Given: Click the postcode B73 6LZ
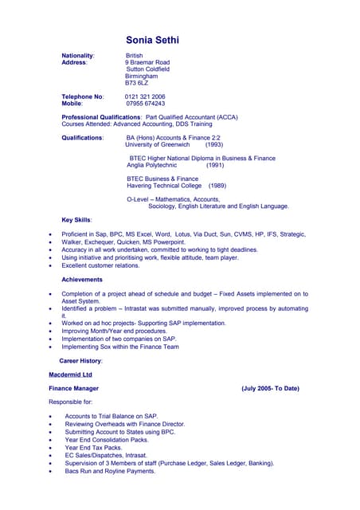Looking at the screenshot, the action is click(137, 83).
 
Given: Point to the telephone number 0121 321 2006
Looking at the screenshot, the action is click(145, 96).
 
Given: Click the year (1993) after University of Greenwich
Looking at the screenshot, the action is click(214, 145).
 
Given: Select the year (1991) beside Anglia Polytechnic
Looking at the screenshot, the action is click(215, 165).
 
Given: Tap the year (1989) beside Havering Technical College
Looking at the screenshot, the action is click(217, 186).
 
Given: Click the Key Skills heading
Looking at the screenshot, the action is click(76, 219).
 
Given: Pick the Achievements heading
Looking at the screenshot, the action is click(81, 280).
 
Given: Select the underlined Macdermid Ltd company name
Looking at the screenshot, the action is click(70, 374).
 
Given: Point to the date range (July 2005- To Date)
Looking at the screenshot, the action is click(270, 388).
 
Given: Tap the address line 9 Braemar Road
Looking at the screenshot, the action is click(147, 62).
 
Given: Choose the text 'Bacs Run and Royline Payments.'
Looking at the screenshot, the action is click(110, 471).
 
